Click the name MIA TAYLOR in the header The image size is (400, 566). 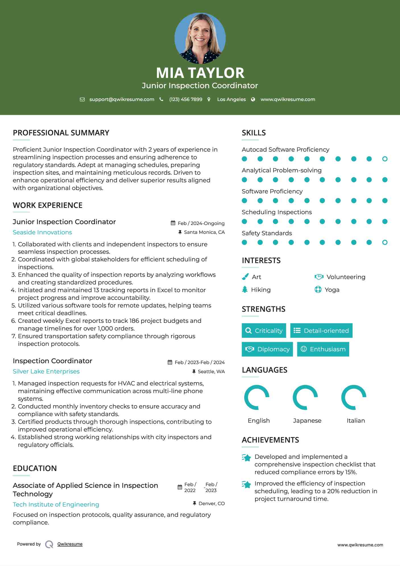coord(200,73)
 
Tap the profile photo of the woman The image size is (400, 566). coord(200,38)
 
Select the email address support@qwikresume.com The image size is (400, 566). coord(122,99)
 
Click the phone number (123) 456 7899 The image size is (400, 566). coord(186,99)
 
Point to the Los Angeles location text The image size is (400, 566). coord(231,99)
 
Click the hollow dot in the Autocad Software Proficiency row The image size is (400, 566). coord(385,159)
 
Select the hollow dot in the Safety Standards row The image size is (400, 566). coord(385,242)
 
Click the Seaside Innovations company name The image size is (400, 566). coord(42,232)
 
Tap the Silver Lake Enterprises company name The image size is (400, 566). coord(46,371)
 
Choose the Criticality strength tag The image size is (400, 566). coord(264,330)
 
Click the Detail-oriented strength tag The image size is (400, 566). coord(321,330)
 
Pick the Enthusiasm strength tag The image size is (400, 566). coord(323,349)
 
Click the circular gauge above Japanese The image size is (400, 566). coord(305,397)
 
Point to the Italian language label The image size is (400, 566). coord(356,421)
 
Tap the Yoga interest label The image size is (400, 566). coord(332,290)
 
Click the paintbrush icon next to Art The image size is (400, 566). coord(245,277)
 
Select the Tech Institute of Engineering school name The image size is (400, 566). coord(56,505)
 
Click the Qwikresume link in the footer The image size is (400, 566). coord(70,544)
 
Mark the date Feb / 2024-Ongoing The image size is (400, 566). coord(201,223)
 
